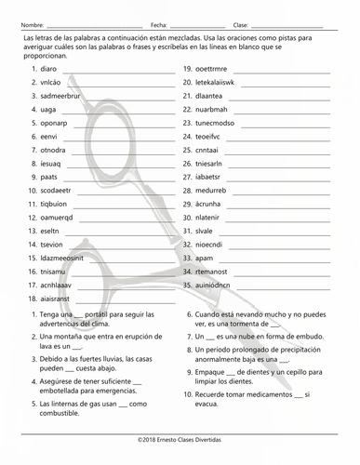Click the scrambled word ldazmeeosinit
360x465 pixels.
(63, 258)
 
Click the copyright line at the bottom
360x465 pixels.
(180, 436)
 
